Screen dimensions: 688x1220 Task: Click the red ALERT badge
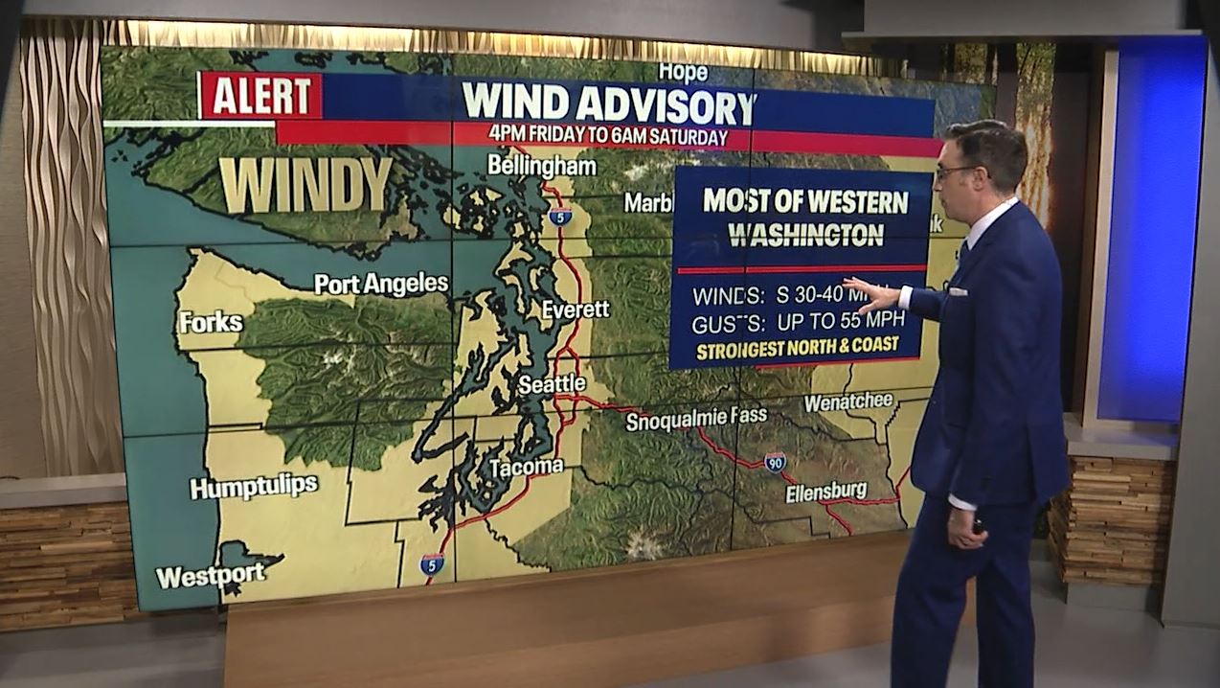(260, 96)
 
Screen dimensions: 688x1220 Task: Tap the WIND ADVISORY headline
(608, 103)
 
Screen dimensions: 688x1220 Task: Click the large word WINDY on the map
(305, 184)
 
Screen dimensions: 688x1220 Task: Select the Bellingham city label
(541, 166)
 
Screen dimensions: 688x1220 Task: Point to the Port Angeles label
(381, 284)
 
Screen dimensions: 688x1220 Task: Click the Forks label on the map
(211, 322)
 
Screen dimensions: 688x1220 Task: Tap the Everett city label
(575, 310)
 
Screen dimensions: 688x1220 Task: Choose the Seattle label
(552, 384)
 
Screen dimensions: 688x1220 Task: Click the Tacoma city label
(526, 468)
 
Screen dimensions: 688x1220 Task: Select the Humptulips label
(254, 487)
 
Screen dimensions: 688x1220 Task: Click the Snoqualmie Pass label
(696, 419)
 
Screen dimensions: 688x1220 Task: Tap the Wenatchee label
(847, 401)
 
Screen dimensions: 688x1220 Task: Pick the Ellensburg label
(825, 493)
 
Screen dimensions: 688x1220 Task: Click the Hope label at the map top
(683, 72)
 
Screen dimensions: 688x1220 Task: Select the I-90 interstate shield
(775, 461)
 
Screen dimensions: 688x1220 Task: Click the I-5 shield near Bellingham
(560, 216)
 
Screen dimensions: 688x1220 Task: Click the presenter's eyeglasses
(958, 172)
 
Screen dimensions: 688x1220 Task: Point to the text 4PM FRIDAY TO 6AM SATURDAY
(607, 136)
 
